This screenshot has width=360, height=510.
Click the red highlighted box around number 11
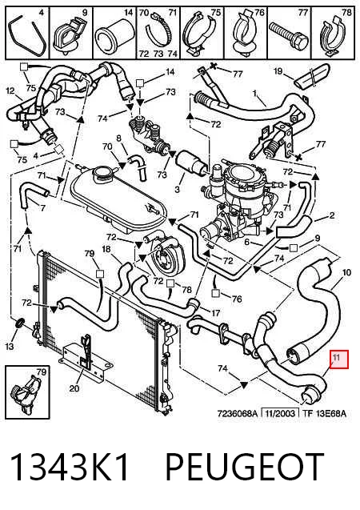[339, 359]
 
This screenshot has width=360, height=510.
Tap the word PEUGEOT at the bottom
[246, 467]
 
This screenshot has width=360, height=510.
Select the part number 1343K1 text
[70, 467]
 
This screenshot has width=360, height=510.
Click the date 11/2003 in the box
[281, 413]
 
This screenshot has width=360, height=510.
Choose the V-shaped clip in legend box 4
[27, 37]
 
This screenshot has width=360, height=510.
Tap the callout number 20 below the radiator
[74, 388]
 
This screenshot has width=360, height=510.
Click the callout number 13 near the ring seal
[10, 346]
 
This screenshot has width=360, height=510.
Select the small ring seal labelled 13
[20, 323]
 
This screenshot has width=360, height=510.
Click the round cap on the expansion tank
[102, 175]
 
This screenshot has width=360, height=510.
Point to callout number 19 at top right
[278, 70]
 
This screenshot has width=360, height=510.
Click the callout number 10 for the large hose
[346, 272]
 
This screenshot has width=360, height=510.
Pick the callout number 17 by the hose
[216, 313]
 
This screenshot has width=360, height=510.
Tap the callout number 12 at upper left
[10, 90]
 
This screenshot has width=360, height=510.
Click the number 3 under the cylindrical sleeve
[177, 188]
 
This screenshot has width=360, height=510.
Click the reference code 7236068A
[237, 413]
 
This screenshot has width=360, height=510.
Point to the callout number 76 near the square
[237, 299]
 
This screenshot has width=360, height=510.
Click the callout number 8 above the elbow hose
[118, 139]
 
